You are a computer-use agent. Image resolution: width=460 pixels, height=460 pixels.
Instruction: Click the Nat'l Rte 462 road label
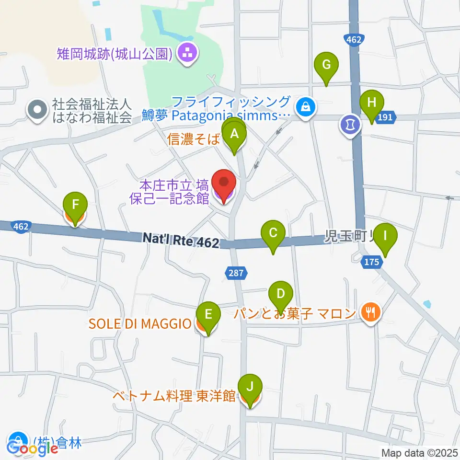pyautogui.click(x=181, y=240)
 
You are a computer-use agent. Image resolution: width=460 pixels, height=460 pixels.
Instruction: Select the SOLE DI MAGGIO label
pyautogui.click(x=140, y=324)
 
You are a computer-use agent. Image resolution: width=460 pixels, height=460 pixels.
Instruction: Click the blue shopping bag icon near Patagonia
pyautogui.click(x=305, y=107)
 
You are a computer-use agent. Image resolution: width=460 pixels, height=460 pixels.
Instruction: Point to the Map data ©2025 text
pyautogui.click(x=419, y=452)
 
